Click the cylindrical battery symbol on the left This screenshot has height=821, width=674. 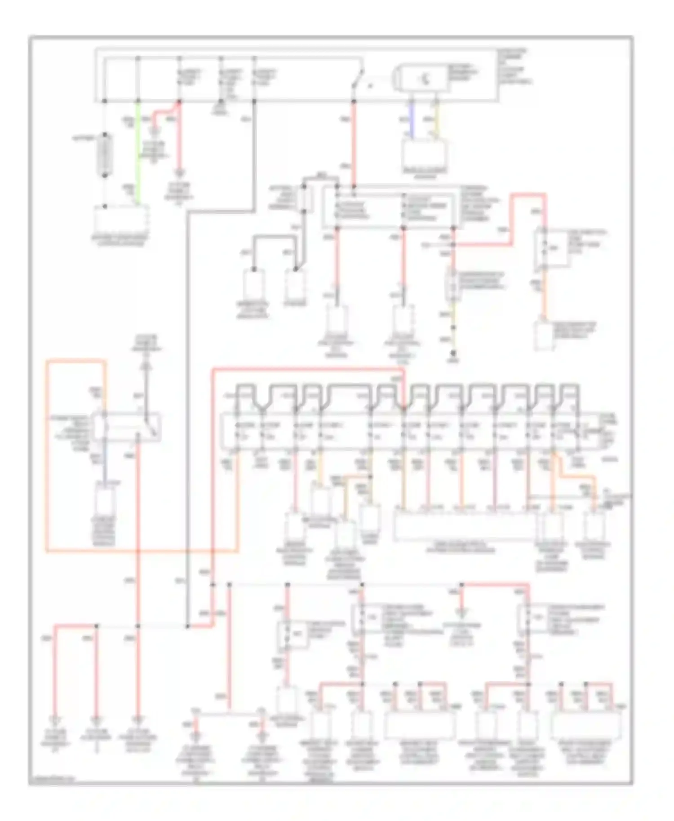click(x=105, y=154)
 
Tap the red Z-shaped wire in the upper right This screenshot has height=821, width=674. click(x=510, y=220)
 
